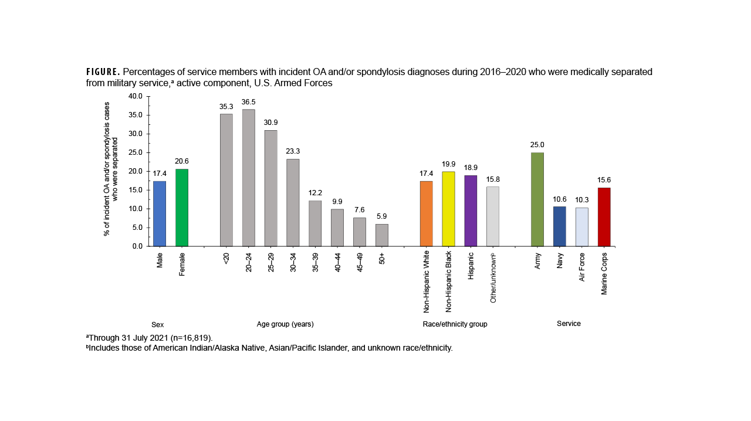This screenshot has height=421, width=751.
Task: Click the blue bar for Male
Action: pos(160,213)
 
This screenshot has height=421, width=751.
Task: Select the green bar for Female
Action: pos(182,208)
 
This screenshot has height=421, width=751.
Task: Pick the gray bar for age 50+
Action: pos(382,235)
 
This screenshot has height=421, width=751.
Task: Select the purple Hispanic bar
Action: pos(471,210)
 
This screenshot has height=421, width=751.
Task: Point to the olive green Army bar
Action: pos(537,199)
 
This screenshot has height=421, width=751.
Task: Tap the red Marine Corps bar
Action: pos(604,217)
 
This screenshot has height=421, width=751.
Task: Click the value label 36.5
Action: pos(249,101)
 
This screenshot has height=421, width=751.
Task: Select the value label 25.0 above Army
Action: pos(537,145)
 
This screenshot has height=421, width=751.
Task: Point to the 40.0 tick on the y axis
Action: pos(136,96)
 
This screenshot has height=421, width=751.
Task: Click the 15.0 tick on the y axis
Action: pos(136,190)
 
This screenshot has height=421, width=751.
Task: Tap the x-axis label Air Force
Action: pos(582,267)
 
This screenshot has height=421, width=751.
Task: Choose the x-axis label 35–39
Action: pos(316,262)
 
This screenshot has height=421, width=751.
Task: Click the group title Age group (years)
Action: pos(289,324)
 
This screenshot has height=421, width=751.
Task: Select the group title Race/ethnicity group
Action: pos(455,324)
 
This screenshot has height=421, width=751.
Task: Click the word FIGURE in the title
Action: pos(103,72)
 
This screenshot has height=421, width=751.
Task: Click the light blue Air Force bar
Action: pos(581,227)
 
